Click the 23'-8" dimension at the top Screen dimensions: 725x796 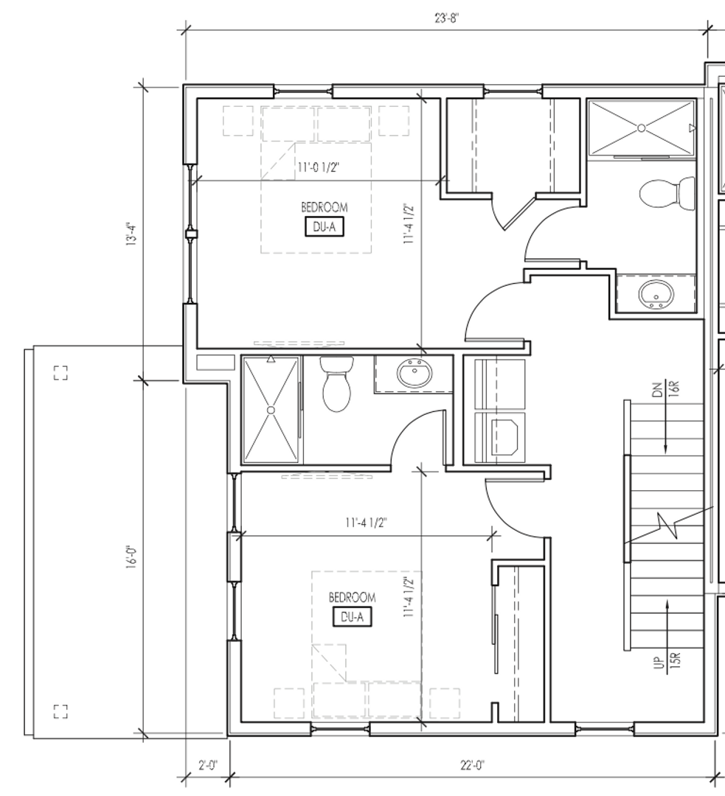point(447,18)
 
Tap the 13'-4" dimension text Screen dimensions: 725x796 point(131,234)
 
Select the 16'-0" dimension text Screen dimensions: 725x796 point(131,557)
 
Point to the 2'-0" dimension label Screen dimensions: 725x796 point(208,764)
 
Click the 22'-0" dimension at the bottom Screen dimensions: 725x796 point(473,764)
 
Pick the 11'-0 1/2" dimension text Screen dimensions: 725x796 point(318,167)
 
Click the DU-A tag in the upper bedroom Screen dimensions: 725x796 point(324,227)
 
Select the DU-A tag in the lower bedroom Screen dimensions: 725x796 point(352,617)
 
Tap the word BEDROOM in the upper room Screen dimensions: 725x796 point(324,207)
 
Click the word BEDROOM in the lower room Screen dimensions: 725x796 point(352,597)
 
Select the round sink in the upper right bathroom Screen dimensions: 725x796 point(656,294)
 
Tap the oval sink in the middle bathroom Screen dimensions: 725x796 point(414,374)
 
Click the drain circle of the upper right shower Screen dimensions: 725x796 point(641,128)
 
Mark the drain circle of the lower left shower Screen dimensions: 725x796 point(271,410)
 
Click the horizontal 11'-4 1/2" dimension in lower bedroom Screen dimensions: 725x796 point(367,523)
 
